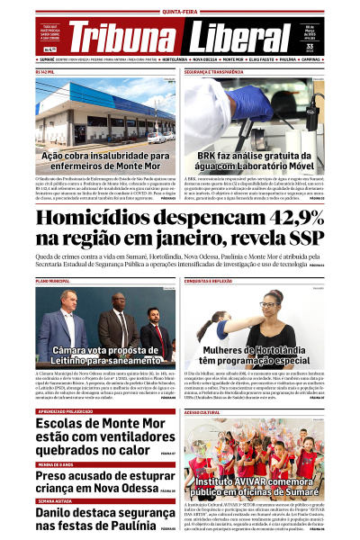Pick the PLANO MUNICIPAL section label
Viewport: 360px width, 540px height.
(52, 282)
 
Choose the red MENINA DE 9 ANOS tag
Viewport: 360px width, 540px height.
(56, 463)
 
